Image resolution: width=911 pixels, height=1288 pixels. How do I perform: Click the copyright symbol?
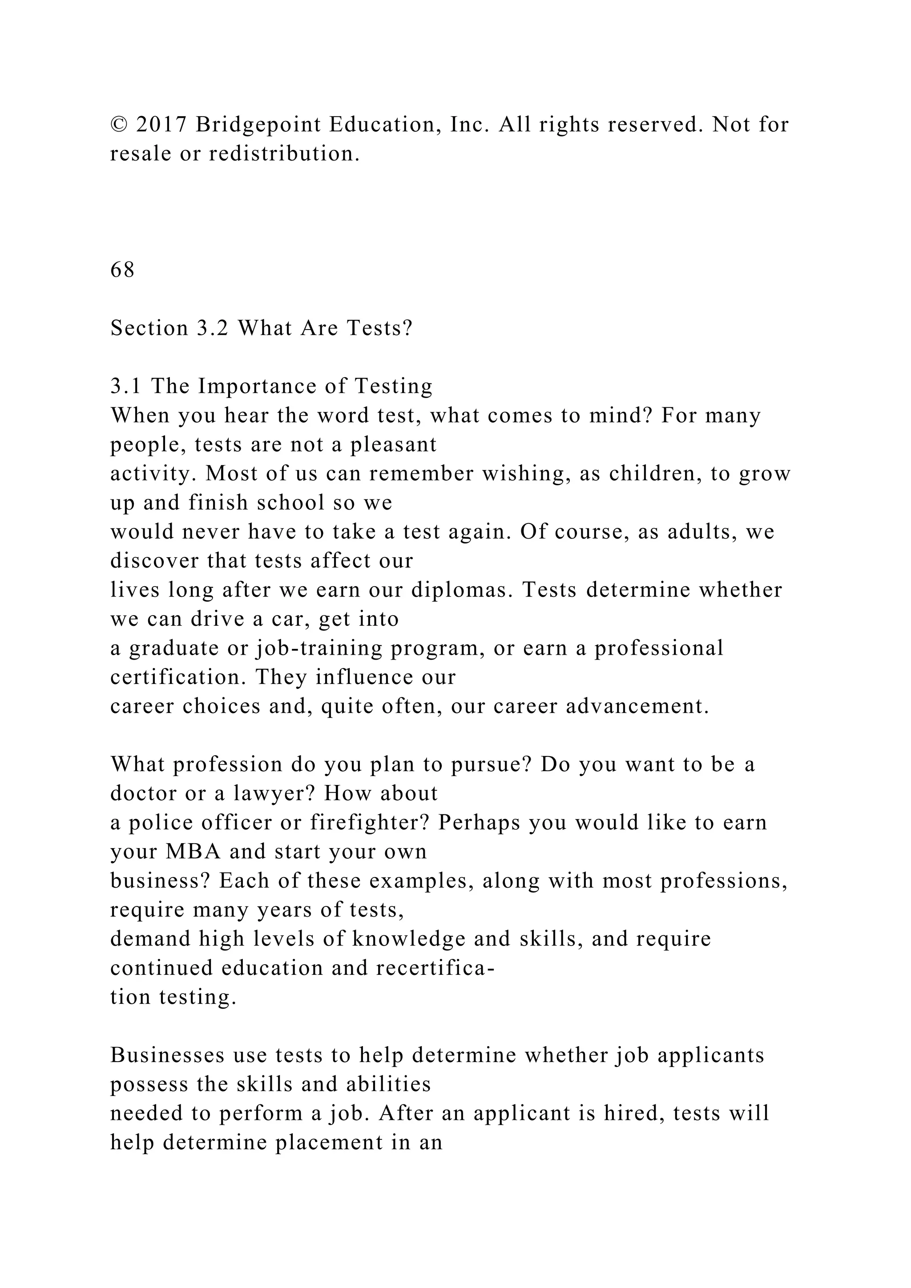pyautogui.click(x=118, y=125)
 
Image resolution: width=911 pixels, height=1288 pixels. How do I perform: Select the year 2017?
pyautogui.click(x=161, y=125)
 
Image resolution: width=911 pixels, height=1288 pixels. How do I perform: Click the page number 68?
pyautogui.click(x=122, y=270)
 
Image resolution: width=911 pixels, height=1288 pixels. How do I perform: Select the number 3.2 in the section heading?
pyautogui.click(x=213, y=328)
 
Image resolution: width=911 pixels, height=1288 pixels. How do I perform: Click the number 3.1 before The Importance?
pyautogui.click(x=126, y=386)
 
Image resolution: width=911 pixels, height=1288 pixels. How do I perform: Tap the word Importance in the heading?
pyautogui.click(x=258, y=386)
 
